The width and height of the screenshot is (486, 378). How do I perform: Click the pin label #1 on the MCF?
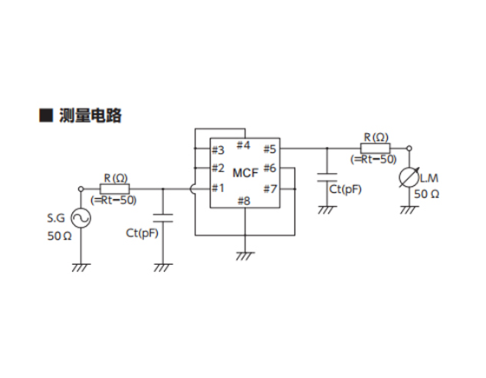tap(218, 188)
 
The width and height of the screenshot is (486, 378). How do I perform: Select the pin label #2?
tap(218, 169)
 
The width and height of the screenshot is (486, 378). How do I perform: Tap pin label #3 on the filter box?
tap(218, 150)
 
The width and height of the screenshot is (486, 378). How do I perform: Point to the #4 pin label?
tap(243, 145)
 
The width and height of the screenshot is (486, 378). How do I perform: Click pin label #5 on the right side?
tap(269, 149)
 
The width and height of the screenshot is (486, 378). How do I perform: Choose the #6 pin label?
tap(269, 169)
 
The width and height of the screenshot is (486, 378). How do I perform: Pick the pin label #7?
tap(269, 189)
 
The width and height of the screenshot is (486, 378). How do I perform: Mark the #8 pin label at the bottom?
tap(244, 201)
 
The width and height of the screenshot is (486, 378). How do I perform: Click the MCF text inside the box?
tap(246, 173)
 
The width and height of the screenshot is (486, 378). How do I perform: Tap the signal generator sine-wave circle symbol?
tap(81, 218)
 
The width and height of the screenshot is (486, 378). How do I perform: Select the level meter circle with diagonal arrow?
tap(409, 177)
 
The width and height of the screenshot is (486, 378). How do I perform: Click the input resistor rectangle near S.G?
tap(115, 189)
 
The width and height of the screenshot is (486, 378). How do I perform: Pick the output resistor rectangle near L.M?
tap(375, 149)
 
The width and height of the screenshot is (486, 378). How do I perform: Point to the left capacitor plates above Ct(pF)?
tap(163, 218)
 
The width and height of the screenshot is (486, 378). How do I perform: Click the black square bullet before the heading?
tap(46, 115)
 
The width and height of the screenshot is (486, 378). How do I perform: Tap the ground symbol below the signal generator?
tap(81, 268)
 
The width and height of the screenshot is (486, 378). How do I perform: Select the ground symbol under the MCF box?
tap(245, 256)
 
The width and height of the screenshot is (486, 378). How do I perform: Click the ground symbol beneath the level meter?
tap(409, 209)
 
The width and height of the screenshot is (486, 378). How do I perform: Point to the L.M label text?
tap(430, 178)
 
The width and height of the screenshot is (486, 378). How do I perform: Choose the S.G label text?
tap(56, 218)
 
